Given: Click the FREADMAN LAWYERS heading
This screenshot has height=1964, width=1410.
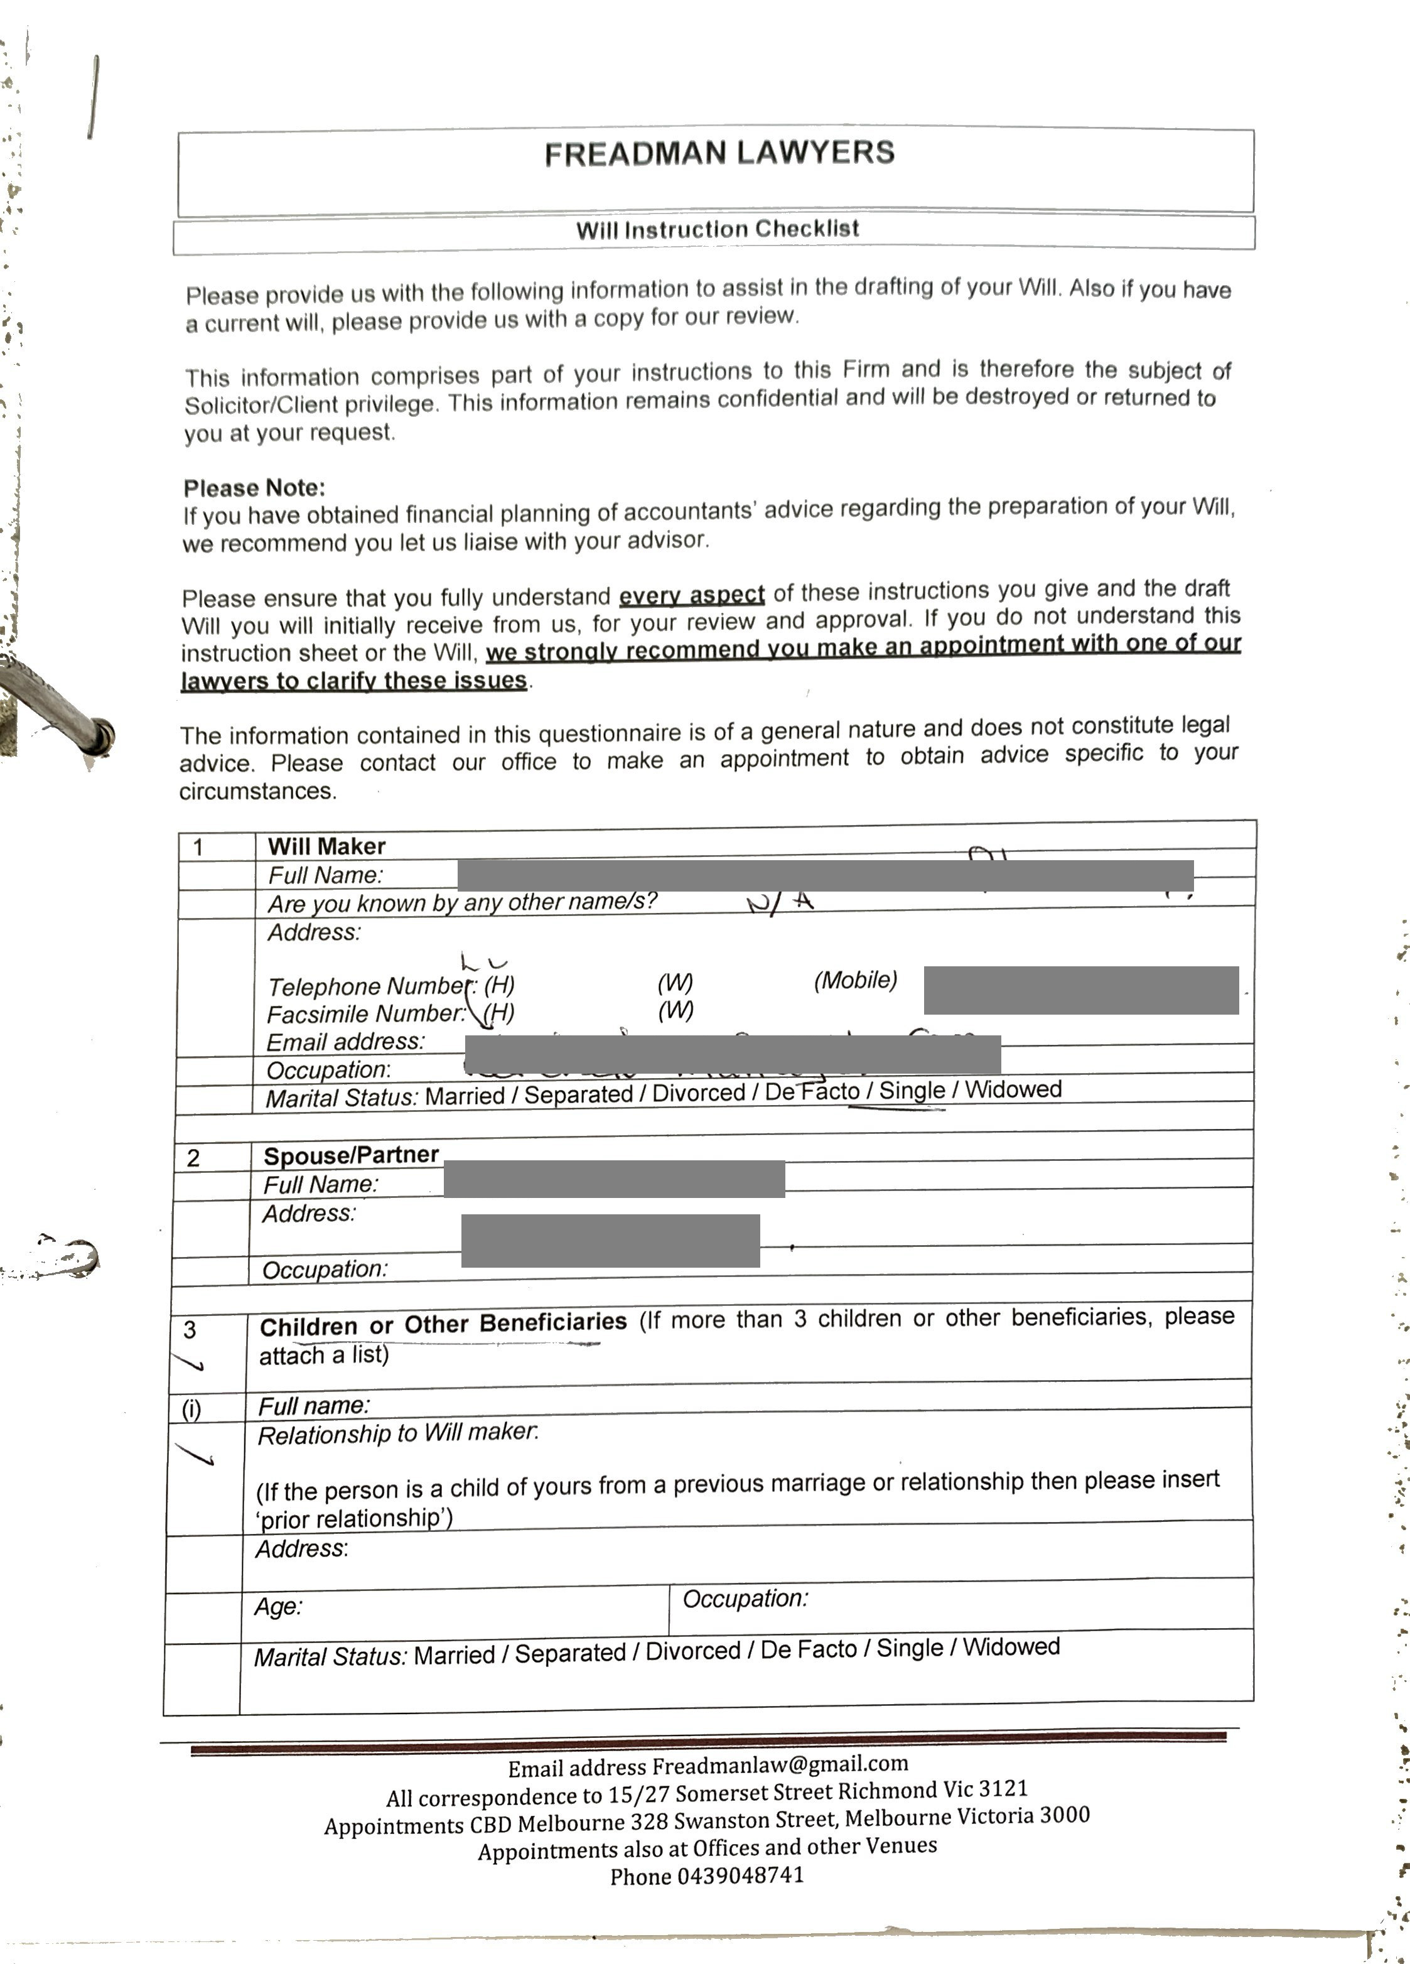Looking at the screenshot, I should pyautogui.click(x=719, y=153).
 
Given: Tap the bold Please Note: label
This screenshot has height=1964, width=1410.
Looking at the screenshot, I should pyautogui.click(x=254, y=487).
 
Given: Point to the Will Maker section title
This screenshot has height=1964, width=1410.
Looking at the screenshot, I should pyautogui.click(x=326, y=846).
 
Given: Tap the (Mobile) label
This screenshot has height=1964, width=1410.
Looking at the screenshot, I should pyautogui.click(x=855, y=979).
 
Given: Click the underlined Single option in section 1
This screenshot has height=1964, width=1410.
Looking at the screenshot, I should pyautogui.click(x=911, y=1090).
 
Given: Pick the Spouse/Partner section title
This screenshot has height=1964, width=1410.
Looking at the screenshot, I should pyautogui.click(x=351, y=1155).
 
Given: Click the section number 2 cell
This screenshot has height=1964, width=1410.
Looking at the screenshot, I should pyautogui.click(x=193, y=1158).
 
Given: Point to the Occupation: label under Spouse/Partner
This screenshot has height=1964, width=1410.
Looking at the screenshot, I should pyautogui.click(x=325, y=1270).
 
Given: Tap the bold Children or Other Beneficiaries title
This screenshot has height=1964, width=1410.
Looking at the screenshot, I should pyautogui.click(x=443, y=1324).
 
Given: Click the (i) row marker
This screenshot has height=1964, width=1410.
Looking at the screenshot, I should pyautogui.click(x=191, y=1409).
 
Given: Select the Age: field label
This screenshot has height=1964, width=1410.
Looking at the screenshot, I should pyautogui.click(x=278, y=1607).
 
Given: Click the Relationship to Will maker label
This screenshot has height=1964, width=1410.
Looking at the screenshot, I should pyautogui.click(x=397, y=1434).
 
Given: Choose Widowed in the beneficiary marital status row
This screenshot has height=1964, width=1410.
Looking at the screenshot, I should pyautogui.click(x=1011, y=1646).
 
